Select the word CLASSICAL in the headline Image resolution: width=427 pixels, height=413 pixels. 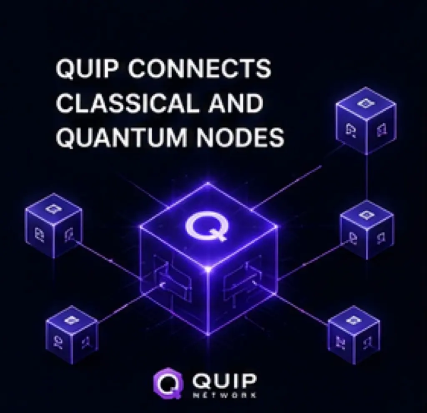tap(127, 103)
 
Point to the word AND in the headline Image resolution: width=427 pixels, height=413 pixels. tap(236, 103)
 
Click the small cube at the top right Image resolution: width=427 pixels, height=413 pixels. tap(366, 121)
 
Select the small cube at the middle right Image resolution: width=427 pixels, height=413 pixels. tap(367, 230)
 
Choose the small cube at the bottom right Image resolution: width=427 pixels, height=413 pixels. tap(354, 335)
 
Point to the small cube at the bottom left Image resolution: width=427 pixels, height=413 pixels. tap(72, 335)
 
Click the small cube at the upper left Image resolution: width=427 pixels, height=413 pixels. tap(54, 226)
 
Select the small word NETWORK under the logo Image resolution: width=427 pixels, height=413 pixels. tap(224, 396)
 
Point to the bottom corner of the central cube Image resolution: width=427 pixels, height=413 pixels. tap(208, 334)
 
